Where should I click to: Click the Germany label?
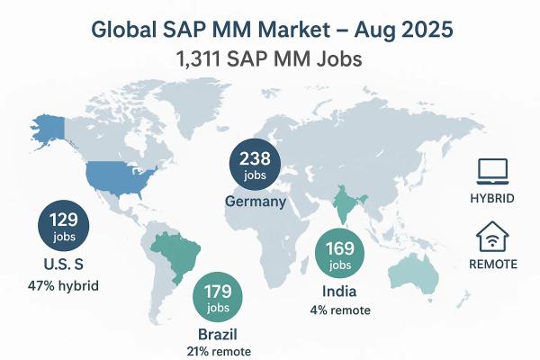(x=256, y=202)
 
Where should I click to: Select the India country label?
(x=339, y=291)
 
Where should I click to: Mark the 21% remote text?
(x=220, y=351)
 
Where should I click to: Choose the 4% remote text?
(x=339, y=310)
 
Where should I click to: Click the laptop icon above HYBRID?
(x=492, y=169)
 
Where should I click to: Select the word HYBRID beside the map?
(x=492, y=198)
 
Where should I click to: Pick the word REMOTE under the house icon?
(x=492, y=264)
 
